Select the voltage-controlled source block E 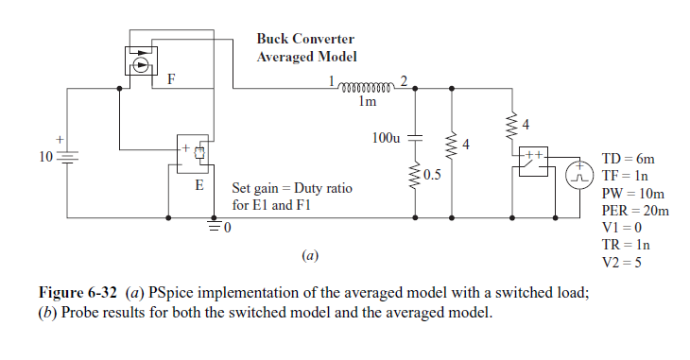[195, 154]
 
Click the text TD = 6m [629, 159]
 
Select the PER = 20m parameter [634, 210]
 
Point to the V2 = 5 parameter [622, 262]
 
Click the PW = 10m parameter [630, 193]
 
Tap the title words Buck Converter [305, 39]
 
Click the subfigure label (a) [308, 254]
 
